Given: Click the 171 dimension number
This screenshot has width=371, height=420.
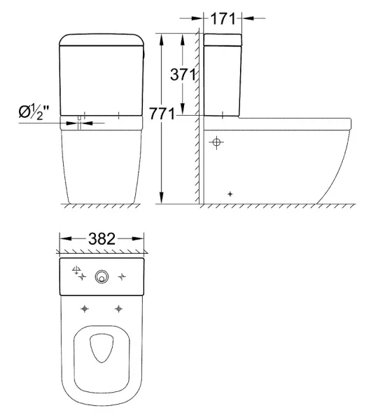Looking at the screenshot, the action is click(x=223, y=19).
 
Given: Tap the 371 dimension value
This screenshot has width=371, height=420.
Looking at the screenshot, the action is click(x=183, y=74).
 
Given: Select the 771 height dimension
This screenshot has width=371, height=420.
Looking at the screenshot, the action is click(x=162, y=114).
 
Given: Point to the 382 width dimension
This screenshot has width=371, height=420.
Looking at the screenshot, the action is click(x=102, y=238).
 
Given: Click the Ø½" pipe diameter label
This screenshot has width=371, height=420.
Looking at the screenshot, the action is click(x=34, y=112).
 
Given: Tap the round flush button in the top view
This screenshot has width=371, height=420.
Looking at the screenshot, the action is click(x=101, y=277).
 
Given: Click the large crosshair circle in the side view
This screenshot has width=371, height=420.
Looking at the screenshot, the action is click(x=216, y=142).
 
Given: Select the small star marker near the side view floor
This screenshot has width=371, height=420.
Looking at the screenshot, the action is click(x=230, y=194).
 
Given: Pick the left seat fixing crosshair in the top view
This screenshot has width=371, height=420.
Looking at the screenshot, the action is click(x=85, y=309).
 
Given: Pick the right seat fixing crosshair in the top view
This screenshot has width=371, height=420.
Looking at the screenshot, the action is click(x=119, y=309).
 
